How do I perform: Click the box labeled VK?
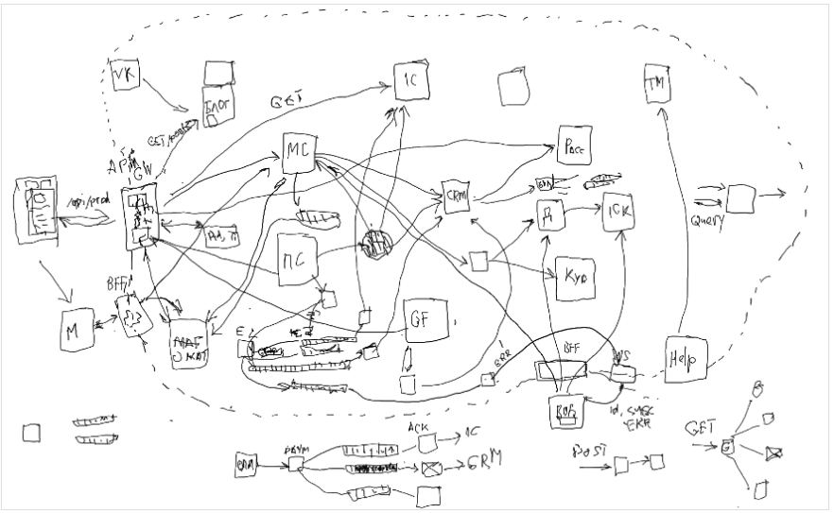click(125, 75)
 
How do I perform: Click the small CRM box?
click(458, 197)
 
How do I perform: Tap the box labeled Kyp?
click(575, 278)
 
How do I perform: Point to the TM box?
click(656, 84)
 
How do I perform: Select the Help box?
click(683, 359)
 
